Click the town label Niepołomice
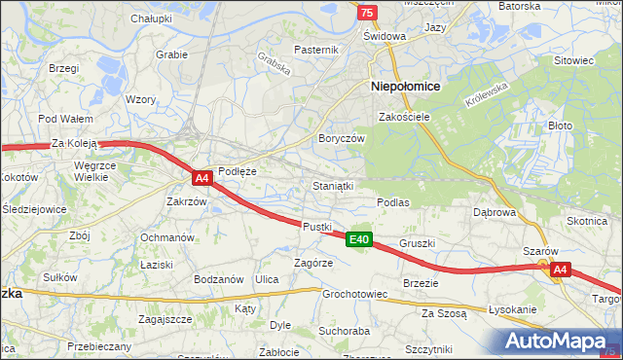[x=406, y=86]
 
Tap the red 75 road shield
[x=365, y=11]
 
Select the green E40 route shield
[x=359, y=239]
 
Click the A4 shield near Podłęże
[x=202, y=178]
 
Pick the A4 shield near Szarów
[x=559, y=270]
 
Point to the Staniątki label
[x=332, y=184]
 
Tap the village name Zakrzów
[x=186, y=202]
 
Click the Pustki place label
[x=317, y=226]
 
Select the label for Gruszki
[x=417, y=243]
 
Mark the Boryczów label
[x=341, y=138]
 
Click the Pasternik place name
[x=316, y=50]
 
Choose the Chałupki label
[x=151, y=18]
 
